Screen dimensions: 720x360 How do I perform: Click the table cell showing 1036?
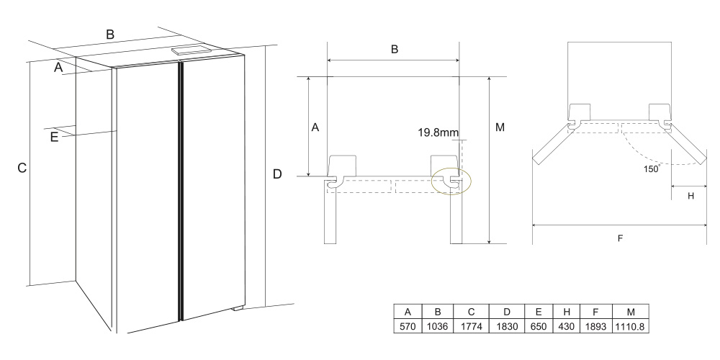tap(438, 326)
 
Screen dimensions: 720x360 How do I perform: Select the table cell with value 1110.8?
tap(631, 326)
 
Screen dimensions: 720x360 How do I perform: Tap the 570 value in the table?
tap(408, 326)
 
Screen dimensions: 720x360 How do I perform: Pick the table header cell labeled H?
tap(567, 312)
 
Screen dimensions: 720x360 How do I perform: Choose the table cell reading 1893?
tap(595, 326)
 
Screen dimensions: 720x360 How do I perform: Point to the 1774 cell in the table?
tap(471, 326)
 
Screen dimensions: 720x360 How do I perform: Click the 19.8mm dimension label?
tap(438, 133)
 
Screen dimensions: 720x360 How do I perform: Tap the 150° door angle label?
tap(652, 168)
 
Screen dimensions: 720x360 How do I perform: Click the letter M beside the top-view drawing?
tap(500, 127)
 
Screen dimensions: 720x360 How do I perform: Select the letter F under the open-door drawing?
tap(620, 238)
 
